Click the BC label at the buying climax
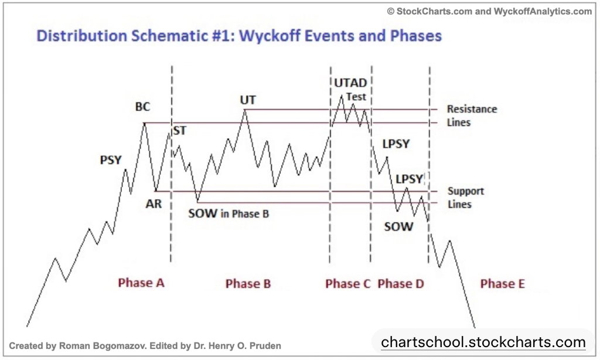[x=143, y=107]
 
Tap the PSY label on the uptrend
[x=111, y=159]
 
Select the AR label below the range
[x=154, y=203]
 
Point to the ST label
[x=180, y=131]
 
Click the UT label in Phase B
[x=248, y=100]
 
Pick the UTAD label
[x=350, y=83]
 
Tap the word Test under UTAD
[x=356, y=97]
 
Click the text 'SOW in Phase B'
[x=229, y=213]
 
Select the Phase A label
[x=141, y=283]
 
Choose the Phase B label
[x=248, y=284]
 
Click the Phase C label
[x=348, y=284]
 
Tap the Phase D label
[x=401, y=284]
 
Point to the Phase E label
[x=502, y=284]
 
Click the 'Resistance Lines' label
[x=472, y=116]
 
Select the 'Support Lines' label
[x=466, y=198]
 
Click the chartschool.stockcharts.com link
[x=483, y=342]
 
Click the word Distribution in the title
[x=81, y=36]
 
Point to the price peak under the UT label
[x=245, y=110]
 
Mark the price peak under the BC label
[x=144, y=123]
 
